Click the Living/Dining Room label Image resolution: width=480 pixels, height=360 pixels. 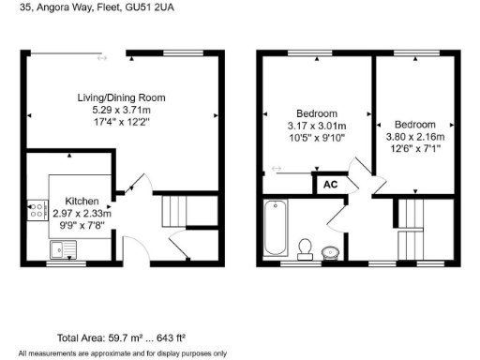tap(122, 97)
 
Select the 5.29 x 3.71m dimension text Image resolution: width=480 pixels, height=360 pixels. tap(122, 110)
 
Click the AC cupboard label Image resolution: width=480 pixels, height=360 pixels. tap(329, 185)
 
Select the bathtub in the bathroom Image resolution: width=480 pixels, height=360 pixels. tap(276, 228)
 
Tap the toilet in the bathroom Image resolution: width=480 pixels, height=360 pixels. tap(305, 247)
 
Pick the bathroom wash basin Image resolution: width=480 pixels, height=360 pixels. tap(331, 252)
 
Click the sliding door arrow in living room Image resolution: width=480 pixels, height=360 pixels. tap(102, 58)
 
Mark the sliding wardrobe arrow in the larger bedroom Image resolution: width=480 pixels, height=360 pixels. tap(276, 170)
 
